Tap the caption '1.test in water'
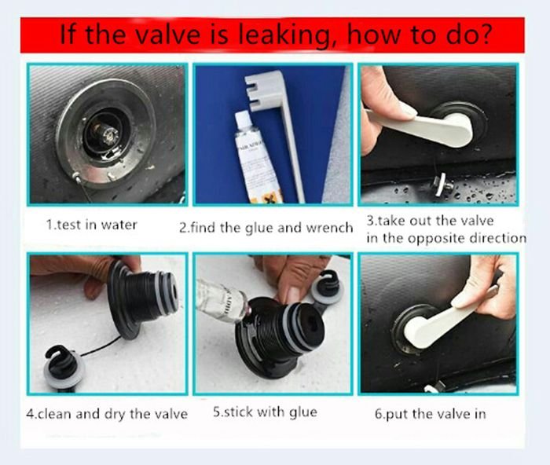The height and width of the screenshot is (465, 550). point(91,225)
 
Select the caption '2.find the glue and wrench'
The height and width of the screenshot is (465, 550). point(266,228)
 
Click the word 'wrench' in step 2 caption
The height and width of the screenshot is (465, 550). point(328,228)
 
